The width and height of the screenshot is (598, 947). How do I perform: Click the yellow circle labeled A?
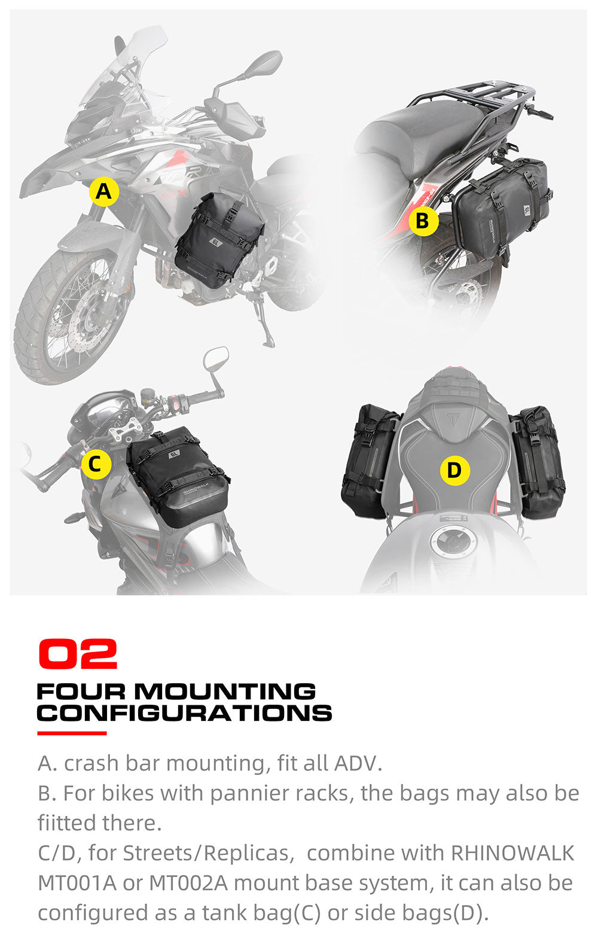coord(104,192)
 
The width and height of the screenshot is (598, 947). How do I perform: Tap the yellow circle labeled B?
coord(423,221)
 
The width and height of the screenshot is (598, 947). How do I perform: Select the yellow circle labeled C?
coord(96,464)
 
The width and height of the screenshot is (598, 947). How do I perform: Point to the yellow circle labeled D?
coord(454,470)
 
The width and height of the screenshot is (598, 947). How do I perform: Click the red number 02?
coord(77,654)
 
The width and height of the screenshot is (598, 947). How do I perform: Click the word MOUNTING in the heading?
coord(224,692)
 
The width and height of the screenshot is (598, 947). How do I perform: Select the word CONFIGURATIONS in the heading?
coord(184,713)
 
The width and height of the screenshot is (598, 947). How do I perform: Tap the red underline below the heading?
coord(72,733)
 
